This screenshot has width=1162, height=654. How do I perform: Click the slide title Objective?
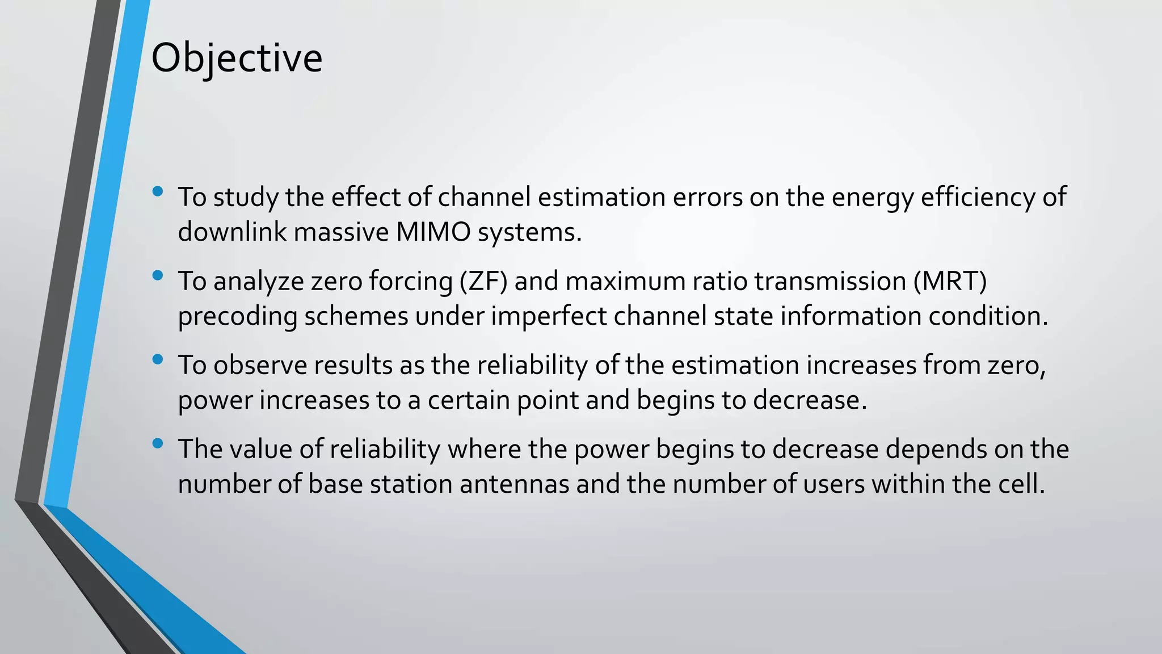237,58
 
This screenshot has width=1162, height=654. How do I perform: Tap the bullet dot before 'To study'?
158,191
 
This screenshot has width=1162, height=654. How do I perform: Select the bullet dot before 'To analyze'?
158,275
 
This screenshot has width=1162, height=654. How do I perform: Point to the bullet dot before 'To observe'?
158,359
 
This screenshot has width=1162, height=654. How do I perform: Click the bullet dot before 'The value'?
158,443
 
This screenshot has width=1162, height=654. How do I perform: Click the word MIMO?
433,232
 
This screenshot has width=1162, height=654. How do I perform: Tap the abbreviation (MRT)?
950,282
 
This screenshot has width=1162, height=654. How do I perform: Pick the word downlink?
232,232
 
